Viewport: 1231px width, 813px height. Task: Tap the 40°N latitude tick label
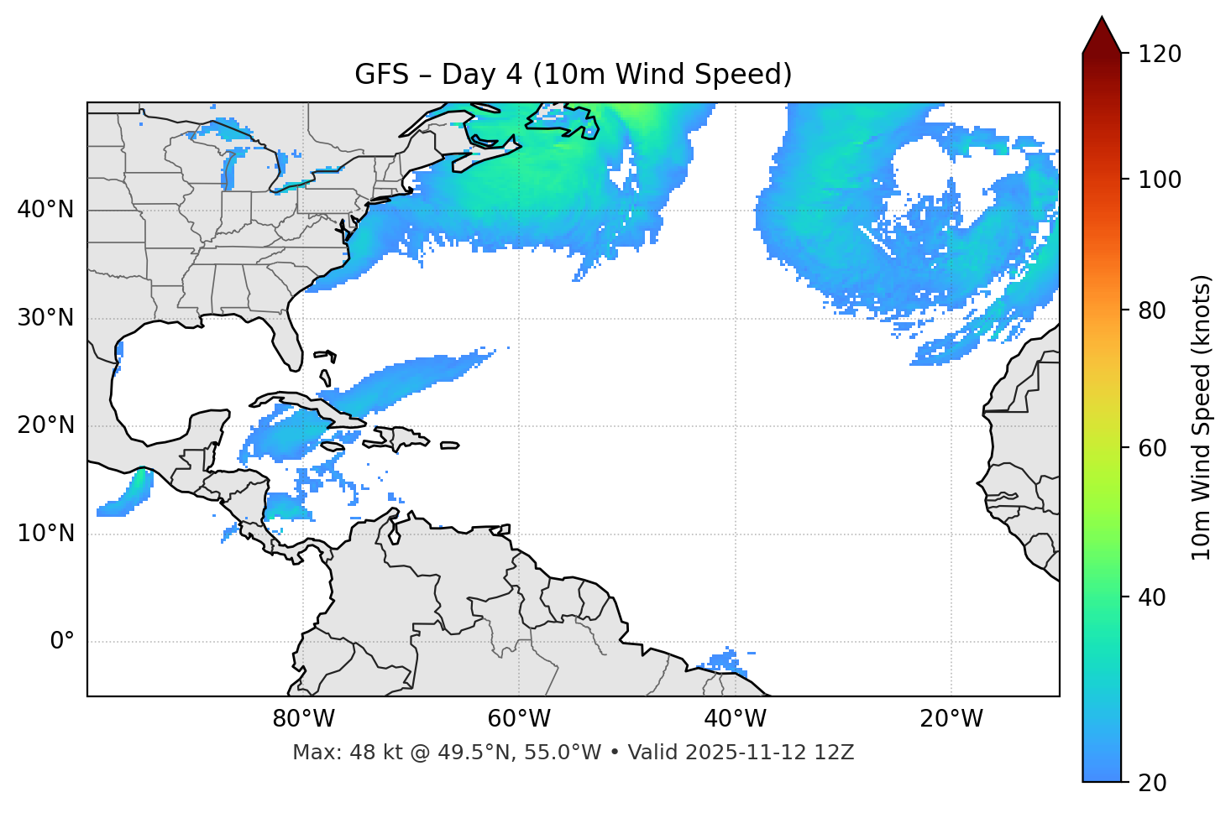tap(45, 209)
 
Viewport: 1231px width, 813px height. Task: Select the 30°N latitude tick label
tap(45, 318)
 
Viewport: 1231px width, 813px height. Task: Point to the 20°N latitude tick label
tap(45, 425)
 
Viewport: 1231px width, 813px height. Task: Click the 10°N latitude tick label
tap(45, 534)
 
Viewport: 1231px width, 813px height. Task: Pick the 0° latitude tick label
tap(62, 642)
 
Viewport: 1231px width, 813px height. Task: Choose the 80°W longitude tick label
tap(303, 719)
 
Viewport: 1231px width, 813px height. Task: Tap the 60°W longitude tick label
tap(519, 719)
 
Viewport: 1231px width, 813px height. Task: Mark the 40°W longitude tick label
tap(735, 719)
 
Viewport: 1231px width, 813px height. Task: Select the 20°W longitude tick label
tap(951, 719)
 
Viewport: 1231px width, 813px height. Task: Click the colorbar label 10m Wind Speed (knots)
tap(1202, 417)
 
